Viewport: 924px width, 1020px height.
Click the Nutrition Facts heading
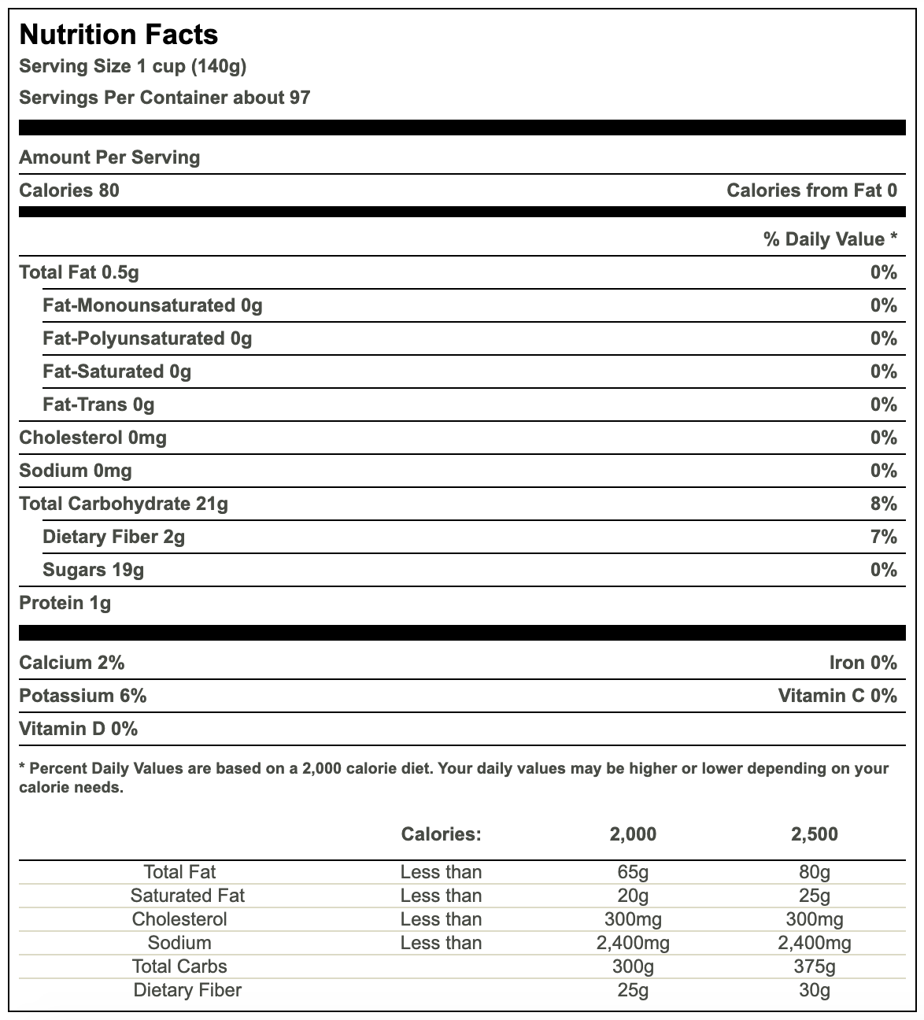pyautogui.click(x=119, y=35)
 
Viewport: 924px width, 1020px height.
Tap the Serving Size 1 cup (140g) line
pyautogui.click(x=132, y=66)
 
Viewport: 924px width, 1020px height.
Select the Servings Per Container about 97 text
pyautogui.click(x=164, y=98)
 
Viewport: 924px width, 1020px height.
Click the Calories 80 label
pyautogui.click(x=69, y=190)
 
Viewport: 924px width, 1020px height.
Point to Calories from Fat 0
pyautogui.click(x=811, y=190)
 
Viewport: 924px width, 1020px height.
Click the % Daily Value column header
pyautogui.click(x=830, y=239)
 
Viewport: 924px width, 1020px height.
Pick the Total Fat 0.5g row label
pyautogui.click(x=79, y=272)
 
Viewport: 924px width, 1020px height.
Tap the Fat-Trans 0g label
pyautogui.click(x=98, y=405)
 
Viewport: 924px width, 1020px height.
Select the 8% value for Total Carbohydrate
pyautogui.click(x=884, y=504)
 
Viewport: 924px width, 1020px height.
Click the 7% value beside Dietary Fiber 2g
pyautogui.click(x=884, y=537)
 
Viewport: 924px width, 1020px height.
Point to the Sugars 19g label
pyautogui.click(x=94, y=570)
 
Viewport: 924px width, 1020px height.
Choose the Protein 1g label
pyautogui.click(x=65, y=603)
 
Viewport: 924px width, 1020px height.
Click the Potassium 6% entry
pyautogui.click(x=83, y=696)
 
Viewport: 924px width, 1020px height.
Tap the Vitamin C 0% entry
pyautogui.click(x=837, y=696)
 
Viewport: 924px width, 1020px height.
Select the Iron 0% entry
pyautogui.click(x=863, y=663)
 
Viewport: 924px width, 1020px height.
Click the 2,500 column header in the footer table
pyautogui.click(x=815, y=834)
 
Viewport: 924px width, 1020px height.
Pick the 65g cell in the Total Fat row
pyautogui.click(x=633, y=872)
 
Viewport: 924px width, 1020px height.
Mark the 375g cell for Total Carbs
pyautogui.click(x=815, y=966)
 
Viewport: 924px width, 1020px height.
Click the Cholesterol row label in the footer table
pyautogui.click(x=179, y=919)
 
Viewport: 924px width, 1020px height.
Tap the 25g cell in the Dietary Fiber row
pyautogui.click(x=633, y=990)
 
